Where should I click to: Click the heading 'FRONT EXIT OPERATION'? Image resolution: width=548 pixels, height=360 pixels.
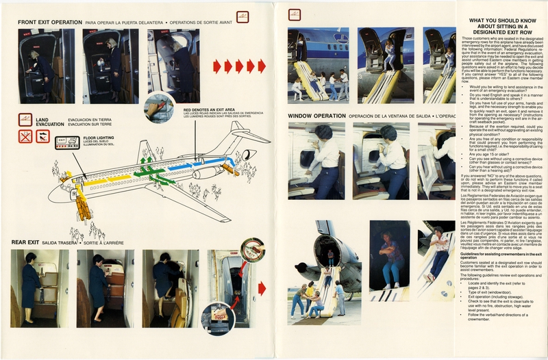(51, 22)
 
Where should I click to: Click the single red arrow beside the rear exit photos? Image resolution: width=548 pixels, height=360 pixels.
(262, 288)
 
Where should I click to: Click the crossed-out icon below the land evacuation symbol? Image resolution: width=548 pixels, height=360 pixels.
(25, 136)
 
